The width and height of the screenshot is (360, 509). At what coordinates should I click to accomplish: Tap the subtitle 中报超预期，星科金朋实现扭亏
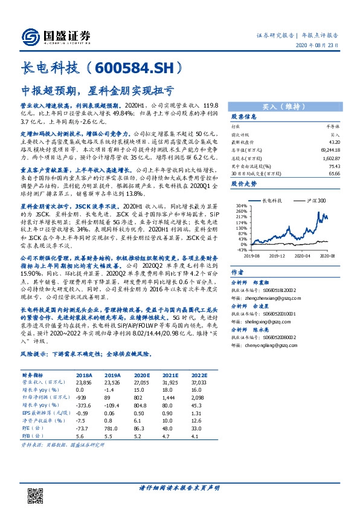(x=97, y=91)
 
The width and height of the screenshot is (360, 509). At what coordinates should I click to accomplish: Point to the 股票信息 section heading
(x=244, y=117)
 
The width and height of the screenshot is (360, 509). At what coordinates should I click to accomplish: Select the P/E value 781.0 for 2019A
(x=120, y=427)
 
